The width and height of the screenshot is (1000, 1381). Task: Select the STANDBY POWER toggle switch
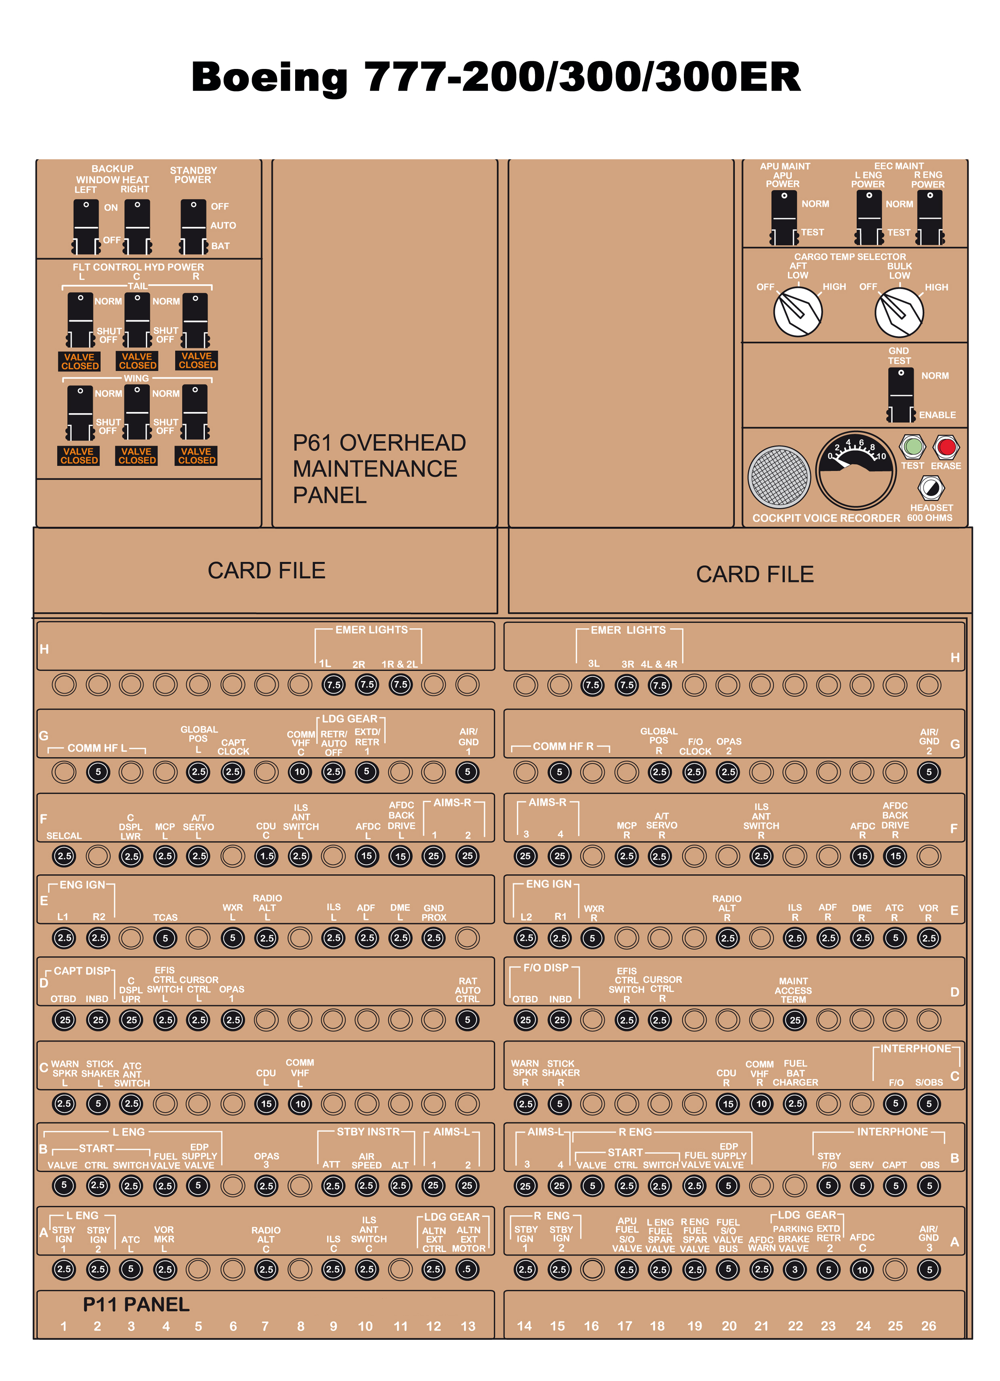coord(193,227)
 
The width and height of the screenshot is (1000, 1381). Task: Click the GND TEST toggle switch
coord(901,395)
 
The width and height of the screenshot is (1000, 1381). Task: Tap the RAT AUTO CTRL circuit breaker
coord(467,1020)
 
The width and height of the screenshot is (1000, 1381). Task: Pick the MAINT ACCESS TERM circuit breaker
coord(795,1020)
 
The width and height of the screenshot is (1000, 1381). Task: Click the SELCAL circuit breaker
coord(64,856)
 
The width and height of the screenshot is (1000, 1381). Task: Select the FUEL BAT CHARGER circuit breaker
coord(795,1103)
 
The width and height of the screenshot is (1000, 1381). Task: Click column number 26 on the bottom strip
coord(928,1326)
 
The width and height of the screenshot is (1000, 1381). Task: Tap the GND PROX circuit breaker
coord(433,938)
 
